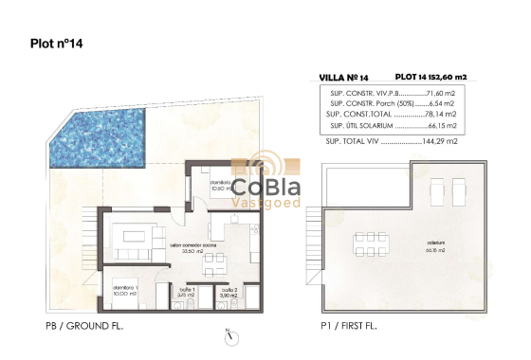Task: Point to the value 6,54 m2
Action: (446, 104)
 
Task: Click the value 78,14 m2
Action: (444, 115)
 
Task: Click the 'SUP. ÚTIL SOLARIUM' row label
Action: (361, 125)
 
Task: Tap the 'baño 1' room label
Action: (186, 292)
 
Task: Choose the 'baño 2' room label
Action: (228, 292)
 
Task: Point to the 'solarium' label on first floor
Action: (436, 248)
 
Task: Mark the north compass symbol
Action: (230, 333)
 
